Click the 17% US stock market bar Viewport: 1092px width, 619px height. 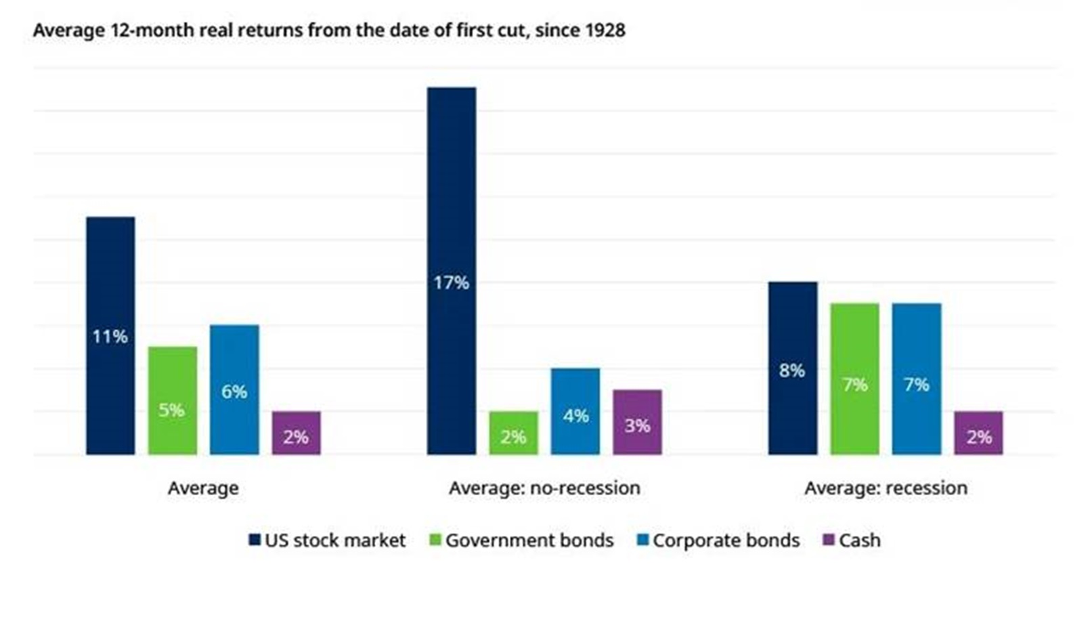(x=452, y=271)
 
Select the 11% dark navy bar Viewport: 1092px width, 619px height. (x=110, y=336)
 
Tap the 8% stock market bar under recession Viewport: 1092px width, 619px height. (x=793, y=368)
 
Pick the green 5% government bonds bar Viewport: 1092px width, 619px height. (x=173, y=400)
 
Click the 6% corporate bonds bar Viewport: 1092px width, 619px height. (x=234, y=389)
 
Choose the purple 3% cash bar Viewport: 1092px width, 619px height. (x=637, y=422)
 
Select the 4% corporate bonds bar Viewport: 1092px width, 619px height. (x=575, y=411)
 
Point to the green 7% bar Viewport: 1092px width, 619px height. (x=854, y=379)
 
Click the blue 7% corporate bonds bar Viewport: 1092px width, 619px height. (x=917, y=379)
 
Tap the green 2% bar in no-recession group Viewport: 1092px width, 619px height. (x=514, y=433)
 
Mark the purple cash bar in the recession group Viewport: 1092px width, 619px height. (x=978, y=433)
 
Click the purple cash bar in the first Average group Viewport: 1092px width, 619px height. (x=297, y=433)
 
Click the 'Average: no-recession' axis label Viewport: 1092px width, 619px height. (x=544, y=488)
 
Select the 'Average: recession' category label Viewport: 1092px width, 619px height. (x=886, y=488)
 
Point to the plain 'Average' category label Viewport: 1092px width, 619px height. (x=203, y=488)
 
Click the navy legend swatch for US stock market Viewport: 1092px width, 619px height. (x=255, y=540)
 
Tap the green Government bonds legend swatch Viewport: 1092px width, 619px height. (x=435, y=540)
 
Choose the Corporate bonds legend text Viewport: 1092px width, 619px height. (x=726, y=540)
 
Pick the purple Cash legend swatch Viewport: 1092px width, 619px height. (x=828, y=540)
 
